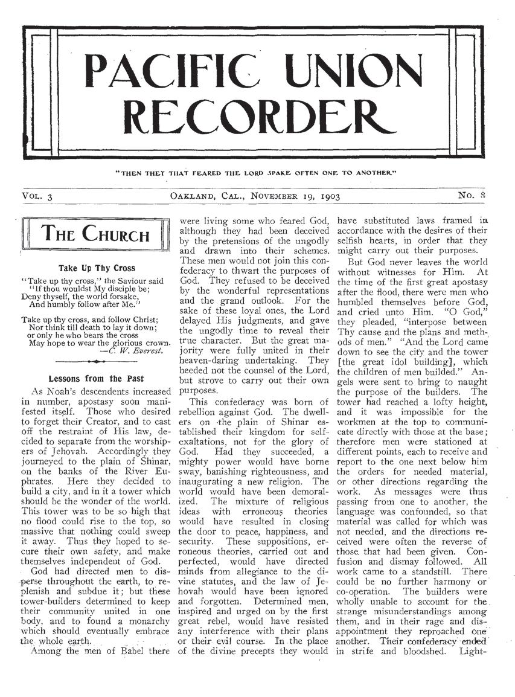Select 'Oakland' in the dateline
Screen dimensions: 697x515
pos(193,196)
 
